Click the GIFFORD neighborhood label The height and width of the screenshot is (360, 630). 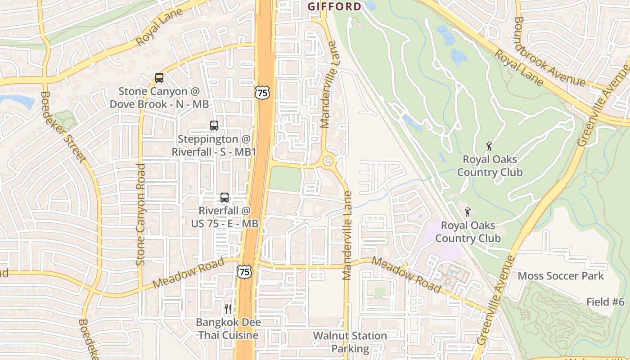click(334, 6)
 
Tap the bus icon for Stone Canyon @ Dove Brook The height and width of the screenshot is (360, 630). click(159, 77)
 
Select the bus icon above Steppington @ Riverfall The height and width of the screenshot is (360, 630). click(214, 126)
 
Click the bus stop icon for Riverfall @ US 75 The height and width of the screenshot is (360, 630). click(224, 197)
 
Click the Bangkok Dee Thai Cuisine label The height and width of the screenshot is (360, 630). click(229, 329)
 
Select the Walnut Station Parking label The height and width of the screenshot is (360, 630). click(350, 342)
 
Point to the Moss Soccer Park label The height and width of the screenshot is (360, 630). click(561, 276)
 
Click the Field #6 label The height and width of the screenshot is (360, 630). click(605, 302)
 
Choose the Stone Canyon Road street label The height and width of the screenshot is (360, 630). click(141, 214)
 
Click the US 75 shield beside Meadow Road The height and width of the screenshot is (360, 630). click(244, 271)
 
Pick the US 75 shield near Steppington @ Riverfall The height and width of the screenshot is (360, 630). click(261, 92)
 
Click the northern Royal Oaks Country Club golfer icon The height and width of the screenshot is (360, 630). click(489, 146)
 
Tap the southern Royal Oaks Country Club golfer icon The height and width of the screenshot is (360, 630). click(468, 212)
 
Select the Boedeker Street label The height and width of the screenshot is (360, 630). click(63, 127)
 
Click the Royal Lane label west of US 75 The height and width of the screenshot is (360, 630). click(160, 27)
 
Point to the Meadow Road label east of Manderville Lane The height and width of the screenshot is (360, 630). click(406, 274)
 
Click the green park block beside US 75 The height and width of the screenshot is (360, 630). click(285, 179)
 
